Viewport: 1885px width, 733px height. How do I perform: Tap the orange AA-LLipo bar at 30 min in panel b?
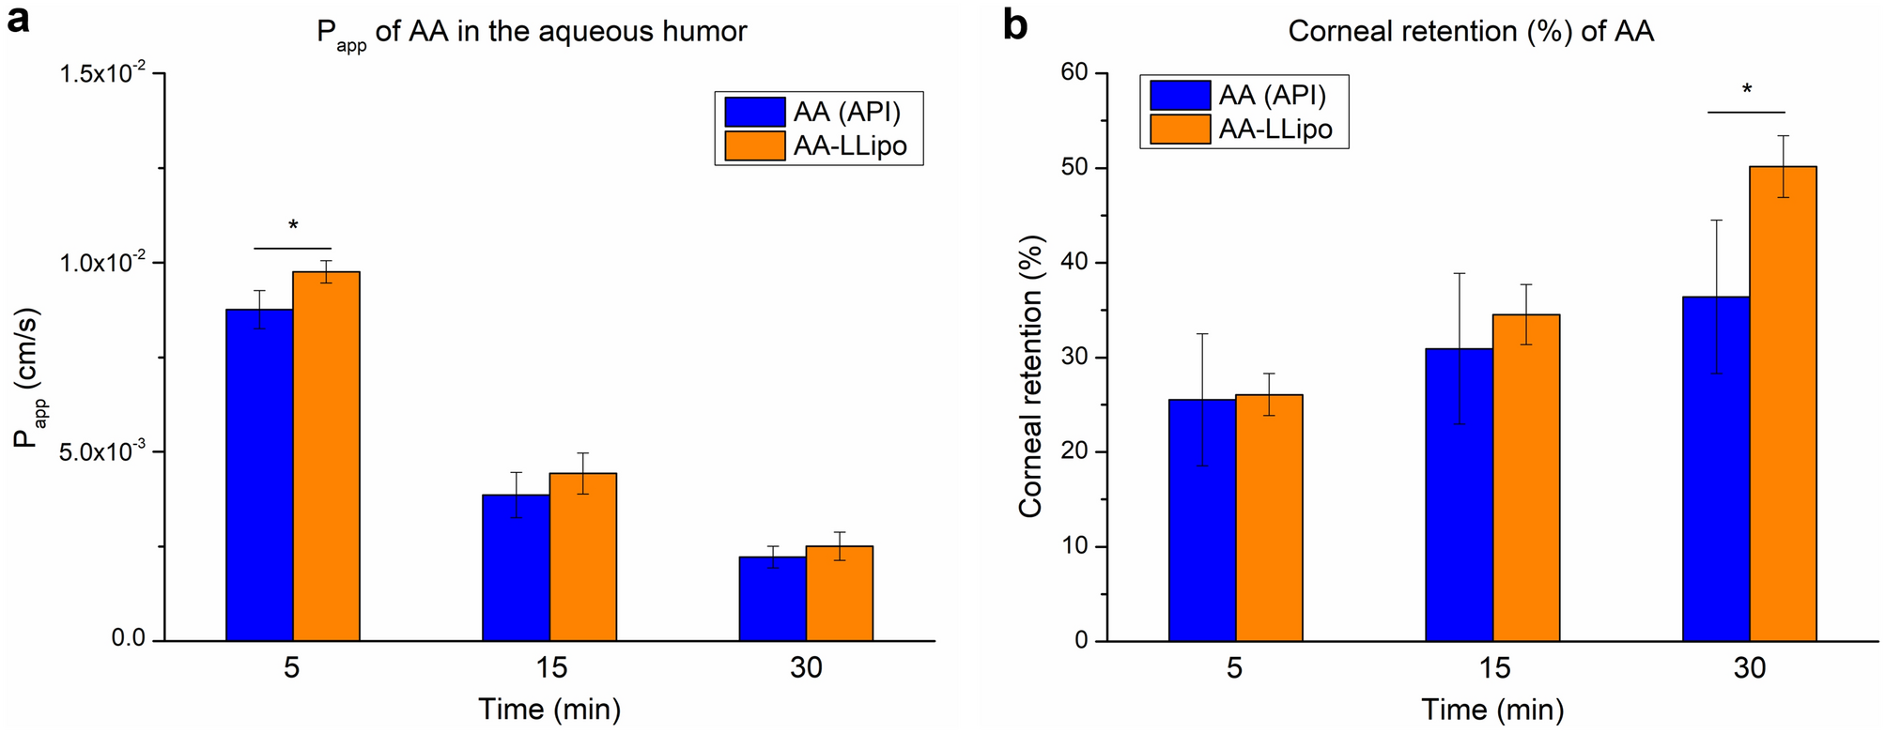coord(1783,404)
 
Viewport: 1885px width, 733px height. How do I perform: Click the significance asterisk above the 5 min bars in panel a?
coord(293,226)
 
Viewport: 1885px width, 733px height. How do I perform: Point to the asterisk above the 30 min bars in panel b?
coord(1746,91)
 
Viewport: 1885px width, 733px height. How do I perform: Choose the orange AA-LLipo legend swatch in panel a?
coord(754,145)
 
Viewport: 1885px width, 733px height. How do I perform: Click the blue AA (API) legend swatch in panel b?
coord(1180,95)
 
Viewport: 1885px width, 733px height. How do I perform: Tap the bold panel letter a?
coord(19,21)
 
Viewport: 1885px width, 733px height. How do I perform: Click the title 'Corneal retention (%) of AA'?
coord(1470,32)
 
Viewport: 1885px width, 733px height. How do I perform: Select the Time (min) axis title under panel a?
coord(549,709)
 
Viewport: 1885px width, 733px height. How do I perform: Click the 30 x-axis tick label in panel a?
coord(806,667)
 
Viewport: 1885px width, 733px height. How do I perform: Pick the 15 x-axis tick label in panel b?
coord(1493,667)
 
